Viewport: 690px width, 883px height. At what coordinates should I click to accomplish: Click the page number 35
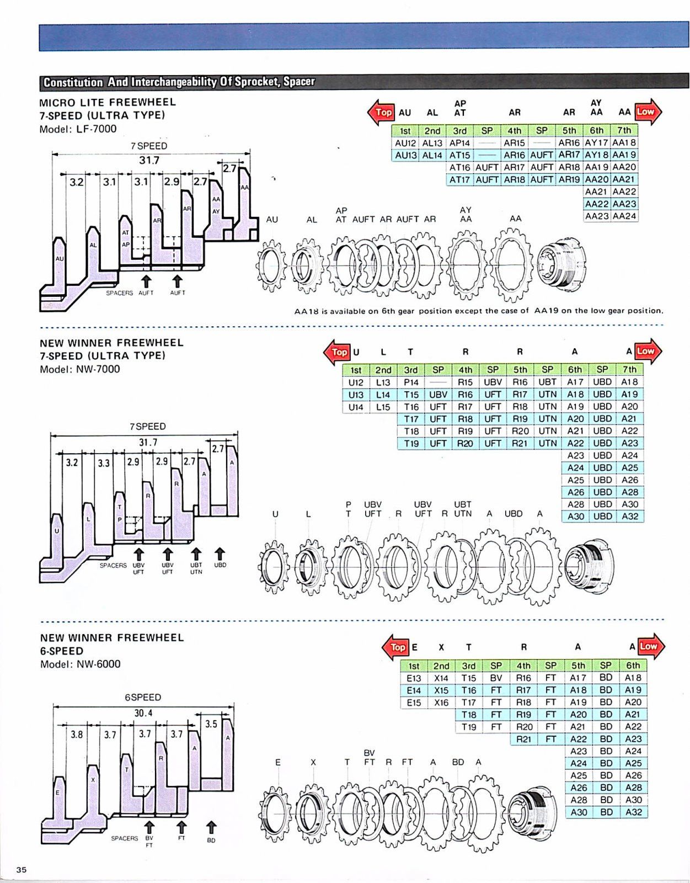[21, 870]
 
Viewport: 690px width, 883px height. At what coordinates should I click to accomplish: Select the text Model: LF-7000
[78, 129]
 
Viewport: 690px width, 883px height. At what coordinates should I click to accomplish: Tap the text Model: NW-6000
[80, 664]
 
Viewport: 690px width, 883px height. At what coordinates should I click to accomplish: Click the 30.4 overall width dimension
[143, 713]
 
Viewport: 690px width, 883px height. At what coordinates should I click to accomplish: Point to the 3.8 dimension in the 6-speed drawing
[77, 735]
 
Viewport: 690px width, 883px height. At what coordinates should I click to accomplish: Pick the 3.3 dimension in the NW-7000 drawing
[104, 463]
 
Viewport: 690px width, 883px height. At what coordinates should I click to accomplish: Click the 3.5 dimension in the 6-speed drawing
[211, 724]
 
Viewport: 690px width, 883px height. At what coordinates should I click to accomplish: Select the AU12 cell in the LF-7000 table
[405, 143]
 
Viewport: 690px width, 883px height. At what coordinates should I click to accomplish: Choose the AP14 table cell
[459, 143]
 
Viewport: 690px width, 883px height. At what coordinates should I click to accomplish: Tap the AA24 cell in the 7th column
[624, 216]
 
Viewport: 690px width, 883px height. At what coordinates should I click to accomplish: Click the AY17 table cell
[596, 143]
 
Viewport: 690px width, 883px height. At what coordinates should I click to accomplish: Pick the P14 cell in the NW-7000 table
[411, 382]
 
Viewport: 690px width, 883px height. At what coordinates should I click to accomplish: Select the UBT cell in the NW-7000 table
[547, 382]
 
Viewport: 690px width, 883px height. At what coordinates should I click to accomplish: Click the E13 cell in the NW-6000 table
[414, 678]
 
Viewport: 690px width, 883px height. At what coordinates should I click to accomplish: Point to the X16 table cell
[441, 703]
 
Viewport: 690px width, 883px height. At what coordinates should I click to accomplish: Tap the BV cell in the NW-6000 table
[496, 678]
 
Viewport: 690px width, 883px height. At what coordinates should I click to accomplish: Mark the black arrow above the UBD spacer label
[220, 553]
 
